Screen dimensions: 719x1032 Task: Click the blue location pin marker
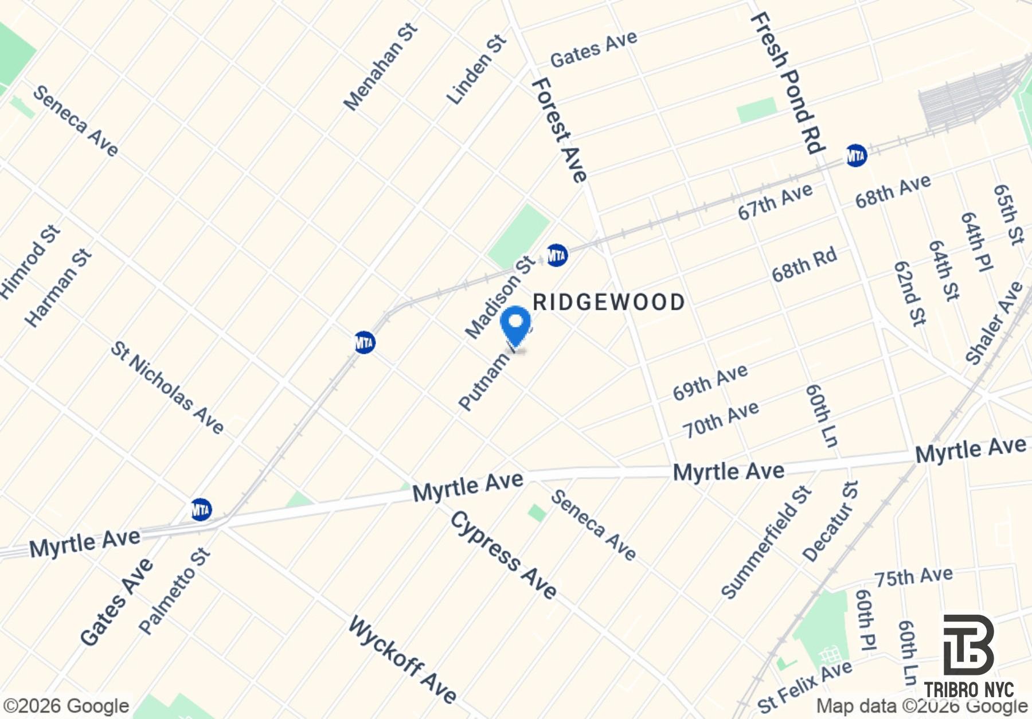pyautogui.click(x=515, y=325)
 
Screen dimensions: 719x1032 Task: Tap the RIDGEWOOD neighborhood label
pyautogui.click(x=609, y=302)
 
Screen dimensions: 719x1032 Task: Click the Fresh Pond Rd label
pyautogui.click(x=787, y=84)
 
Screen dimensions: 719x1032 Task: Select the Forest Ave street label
pyautogui.click(x=559, y=131)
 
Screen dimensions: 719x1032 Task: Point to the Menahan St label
pyautogui.click(x=381, y=67)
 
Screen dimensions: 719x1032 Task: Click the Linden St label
pyautogui.click(x=476, y=70)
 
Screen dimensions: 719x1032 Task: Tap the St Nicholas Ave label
pyautogui.click(x=167, y=388)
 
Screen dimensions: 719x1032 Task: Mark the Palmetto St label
pyautogui.click(x=174, y=591)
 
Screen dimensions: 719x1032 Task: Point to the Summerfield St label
pyautogui.click(x=766, y=542)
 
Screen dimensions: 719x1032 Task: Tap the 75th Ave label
pyautogui.click(x=913, y=577)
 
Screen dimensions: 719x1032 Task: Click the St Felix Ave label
pyautogui.click(x=804, y=686)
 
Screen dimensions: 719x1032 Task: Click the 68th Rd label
pyautogui.click(x=804, y=265)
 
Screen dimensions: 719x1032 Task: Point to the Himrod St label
pyautogui.click(x=30, y=262)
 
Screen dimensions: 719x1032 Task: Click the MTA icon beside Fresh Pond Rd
pyautogui.click(x=856, y=155)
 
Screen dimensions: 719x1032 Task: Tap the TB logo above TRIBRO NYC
pyautogui.click(x=968, y=644)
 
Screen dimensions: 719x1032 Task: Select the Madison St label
pyautogui.click(x=499, y=298)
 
